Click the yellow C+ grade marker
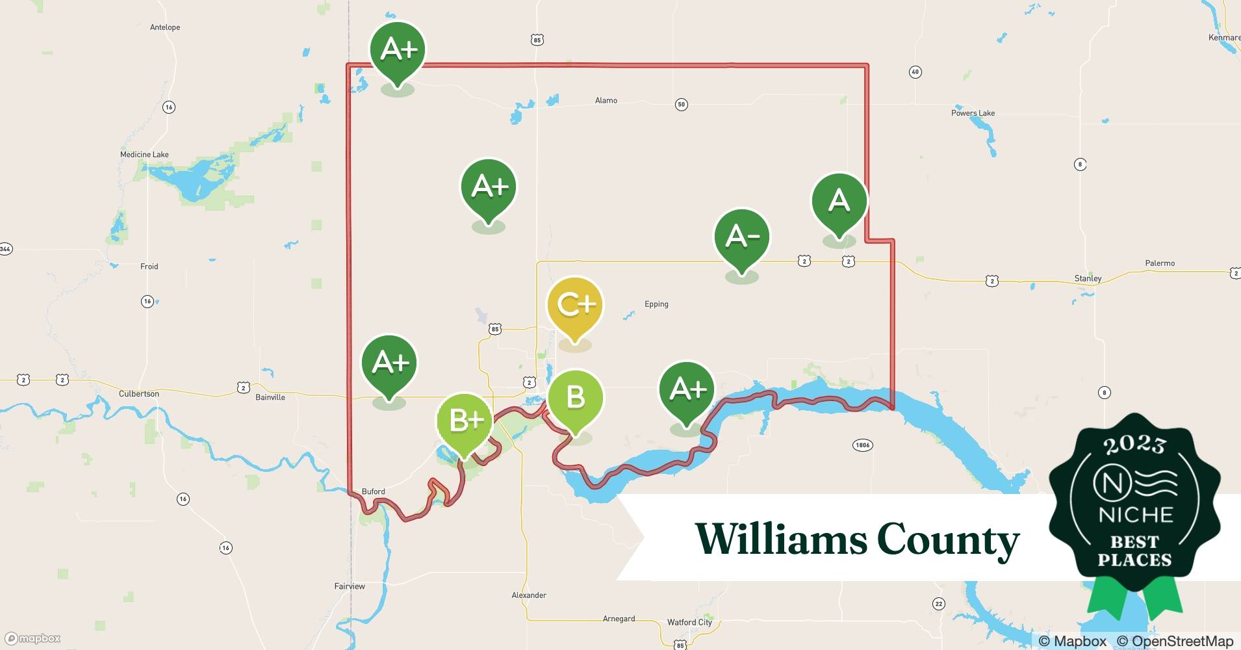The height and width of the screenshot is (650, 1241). pyautogui.click(x=575, y=305)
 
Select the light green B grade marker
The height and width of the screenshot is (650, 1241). pyautogui.click(x=575, y=398)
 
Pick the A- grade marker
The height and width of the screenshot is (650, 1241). pyautogui.click(x=741, y=237)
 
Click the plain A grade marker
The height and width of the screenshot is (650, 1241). pyautogui.click(x=839, y=201)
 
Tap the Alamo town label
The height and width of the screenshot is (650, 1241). pyautogui.click(x=606, y=101)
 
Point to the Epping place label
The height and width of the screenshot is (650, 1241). pyautogui.click(x=656, y=304)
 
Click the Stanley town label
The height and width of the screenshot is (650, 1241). pyautogui.click(x=1088, y=279)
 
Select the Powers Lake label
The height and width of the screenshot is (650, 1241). pyautogui.click(x=973, y=113)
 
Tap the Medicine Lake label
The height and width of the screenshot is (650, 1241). pyautogui.click(x=144, y=155)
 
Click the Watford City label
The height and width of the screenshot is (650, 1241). pyautogui.click(x=689, y=623)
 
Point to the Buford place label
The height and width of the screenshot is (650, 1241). pyautogui.click(x=373, y=491)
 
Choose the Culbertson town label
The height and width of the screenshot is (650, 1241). pyautogui.click(x=139, y=394)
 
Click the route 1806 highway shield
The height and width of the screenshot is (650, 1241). pyautogui.click(x=862, y=445)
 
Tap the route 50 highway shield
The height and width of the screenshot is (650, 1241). pyautogui.click(x=681, y=104)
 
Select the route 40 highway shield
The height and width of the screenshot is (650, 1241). pyautogui.click(x=915, y=72)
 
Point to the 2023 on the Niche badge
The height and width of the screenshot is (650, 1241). pyautogui.click(x=1134, y=445)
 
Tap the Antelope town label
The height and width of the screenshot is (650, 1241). pyautogui.click(x=165, y=27)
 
